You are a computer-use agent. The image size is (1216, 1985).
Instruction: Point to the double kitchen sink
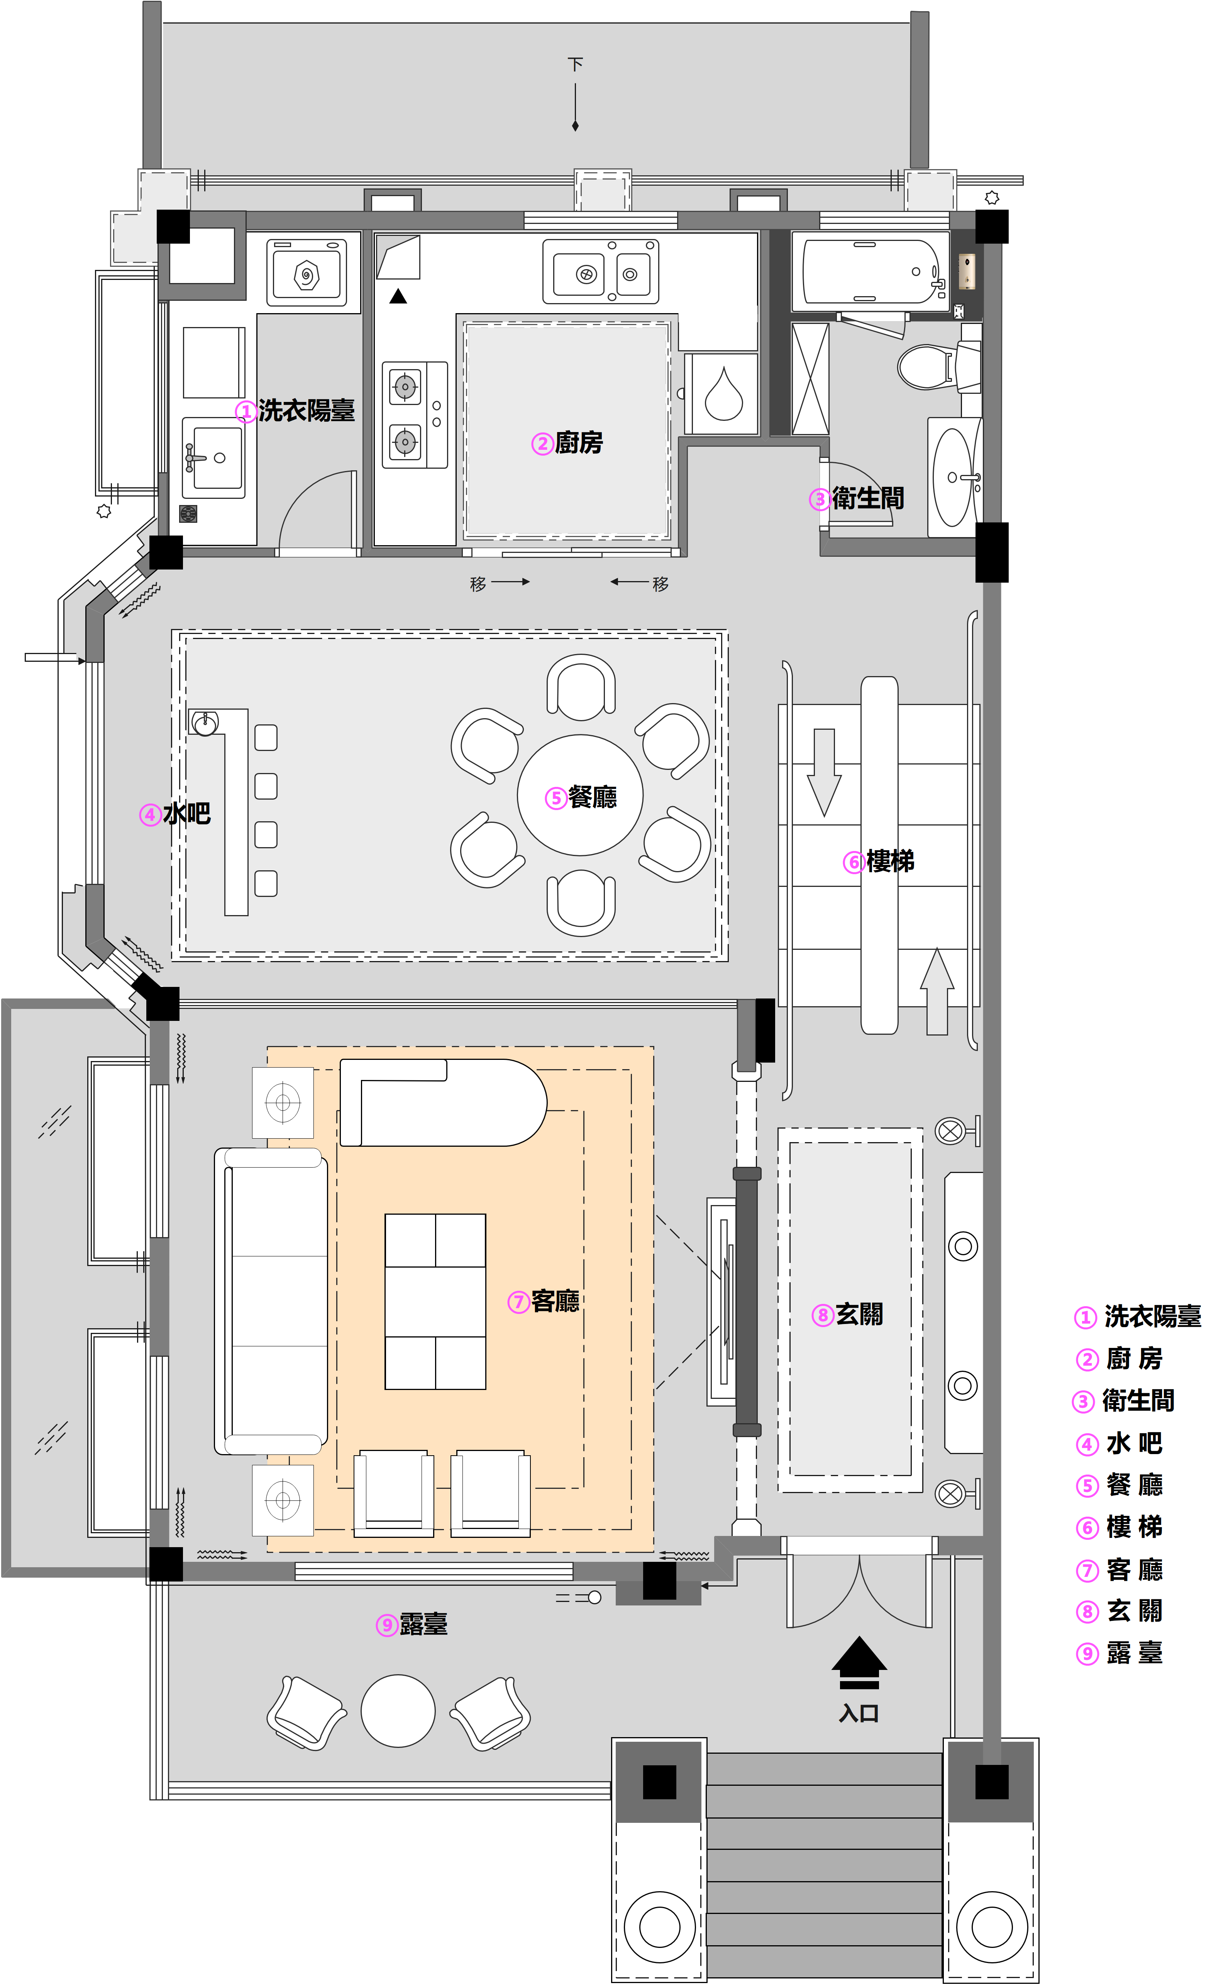tap(601, 271)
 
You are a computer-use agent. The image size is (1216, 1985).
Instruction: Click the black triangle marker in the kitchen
tap(398, 297)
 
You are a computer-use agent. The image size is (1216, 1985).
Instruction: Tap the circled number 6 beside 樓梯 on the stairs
tap(854, 863)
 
